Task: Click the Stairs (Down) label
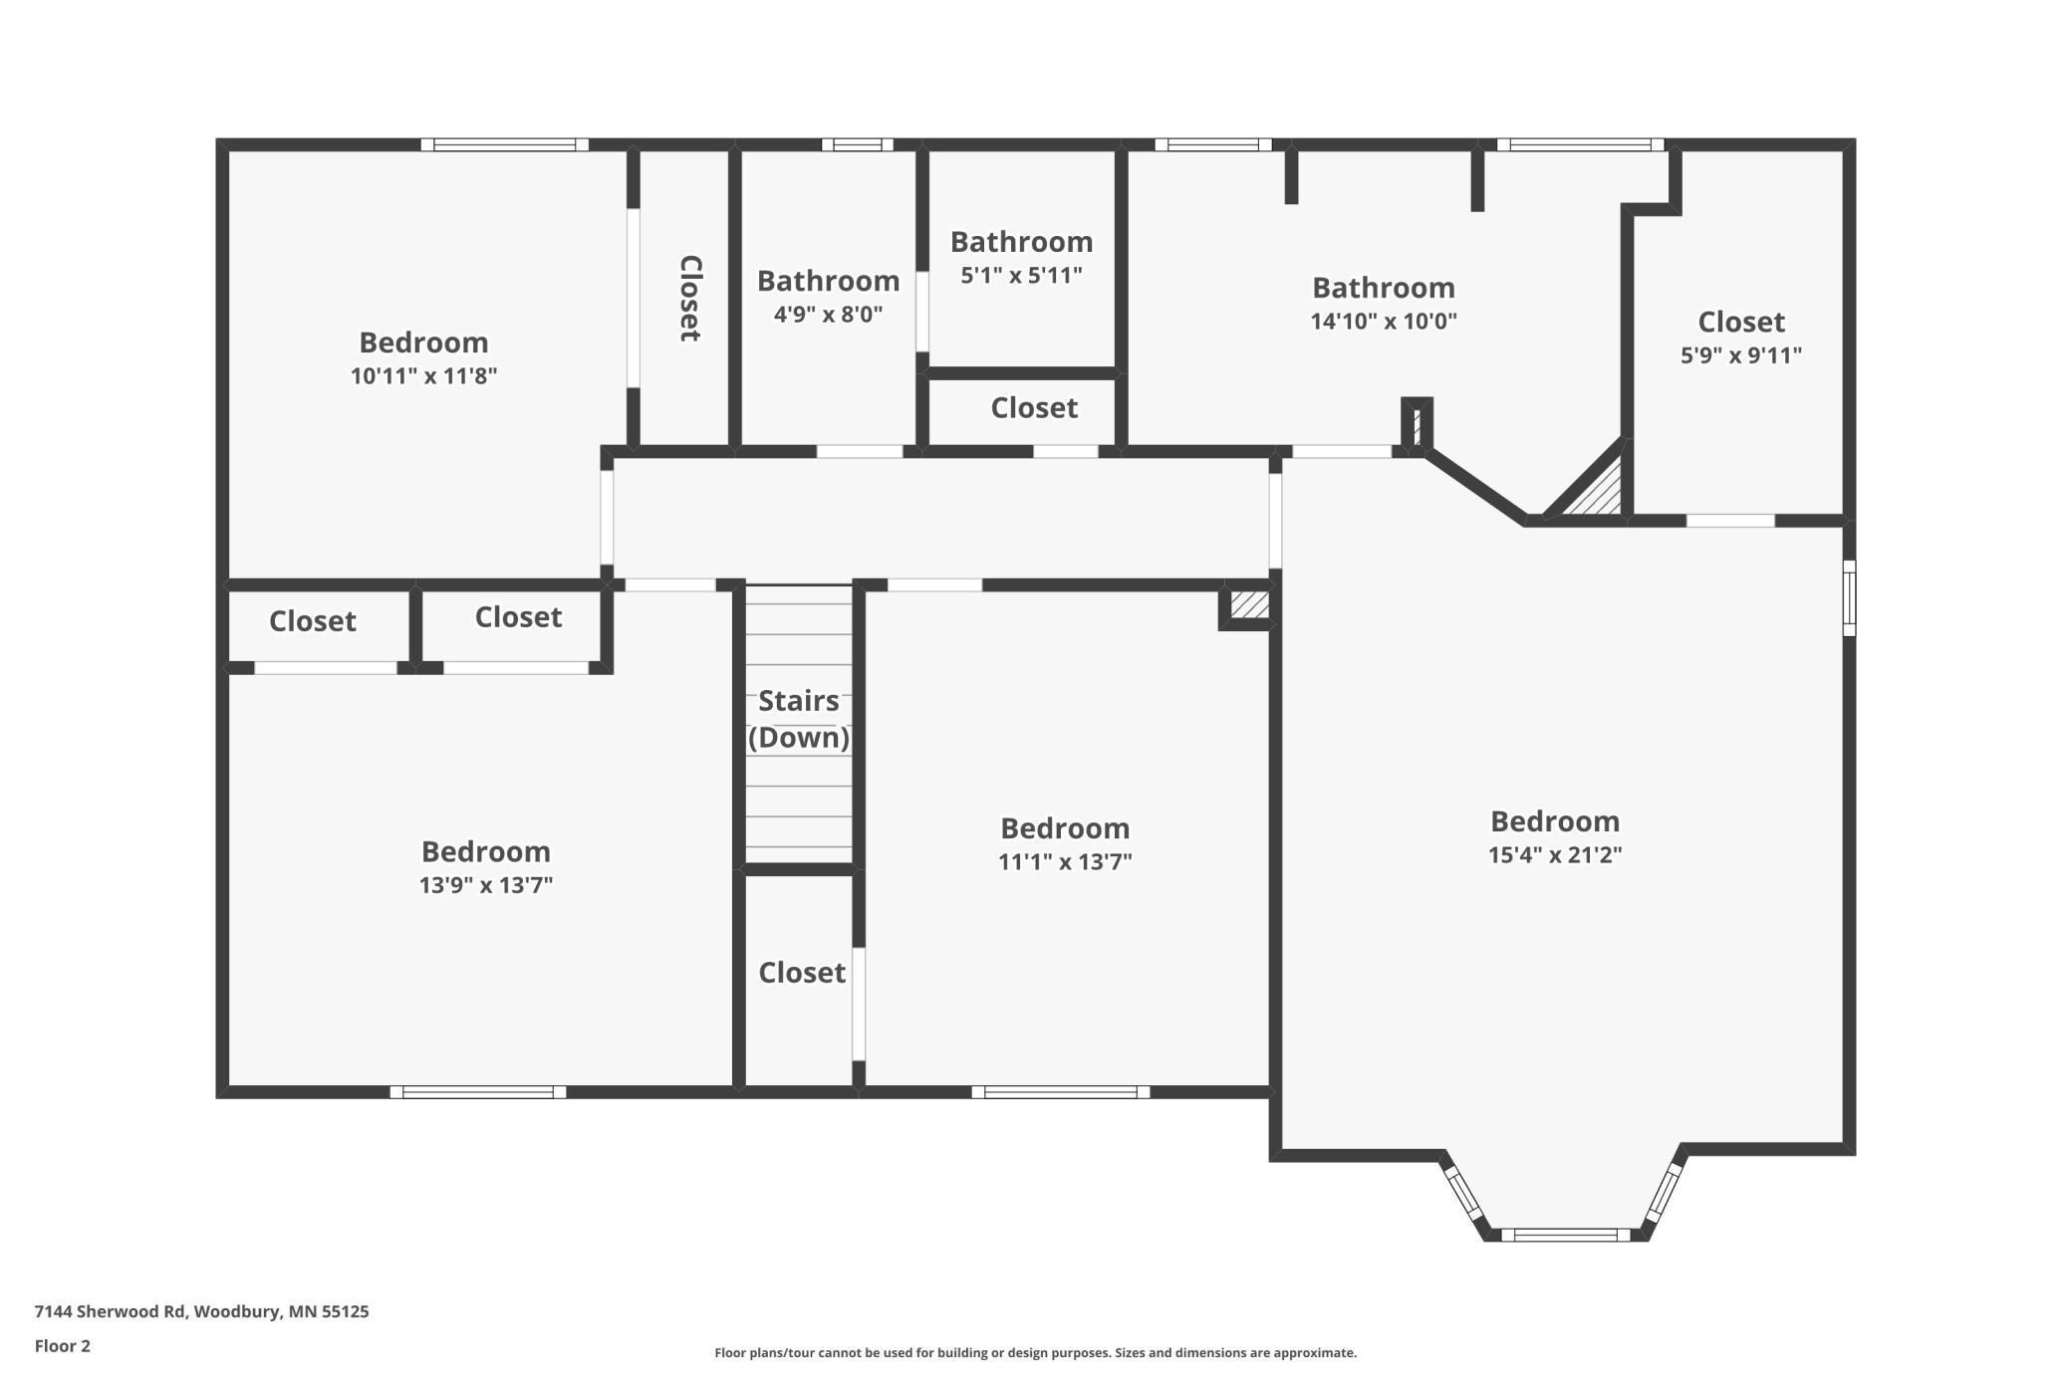798,719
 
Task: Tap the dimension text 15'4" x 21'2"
1554,855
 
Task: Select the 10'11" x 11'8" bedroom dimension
423,376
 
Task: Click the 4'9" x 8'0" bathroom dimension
828,315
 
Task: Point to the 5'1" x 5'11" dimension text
1021,276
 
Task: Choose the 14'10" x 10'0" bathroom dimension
1383,322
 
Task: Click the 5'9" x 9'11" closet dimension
1740,355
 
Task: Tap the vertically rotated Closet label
690,298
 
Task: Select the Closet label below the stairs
801,973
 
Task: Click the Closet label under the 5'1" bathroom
1033,408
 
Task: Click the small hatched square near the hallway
1248,605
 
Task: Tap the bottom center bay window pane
1565,1235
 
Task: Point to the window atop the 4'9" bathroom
857,144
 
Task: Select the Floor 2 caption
62,1346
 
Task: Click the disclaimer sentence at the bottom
1035,1353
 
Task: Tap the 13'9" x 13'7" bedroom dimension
485,885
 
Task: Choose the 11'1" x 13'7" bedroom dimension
1065,862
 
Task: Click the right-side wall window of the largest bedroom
1849,597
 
